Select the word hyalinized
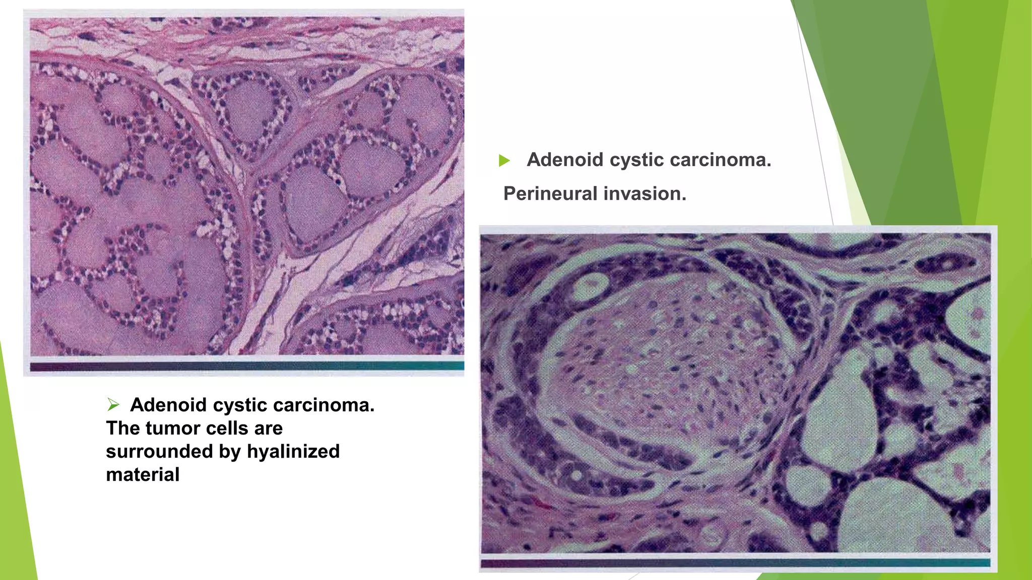click(x=293, y=452)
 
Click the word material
click(x=143, y=475)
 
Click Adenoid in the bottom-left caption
click(x=168, y=405)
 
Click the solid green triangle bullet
click(x=504, y=161)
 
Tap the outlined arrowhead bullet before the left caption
click(x=113, y=404)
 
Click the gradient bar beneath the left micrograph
click(x=247, y=366)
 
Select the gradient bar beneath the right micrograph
click(x=735, y=563)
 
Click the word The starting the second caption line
click(x=123, y=428)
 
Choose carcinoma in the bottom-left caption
click(x=326, y=405)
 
